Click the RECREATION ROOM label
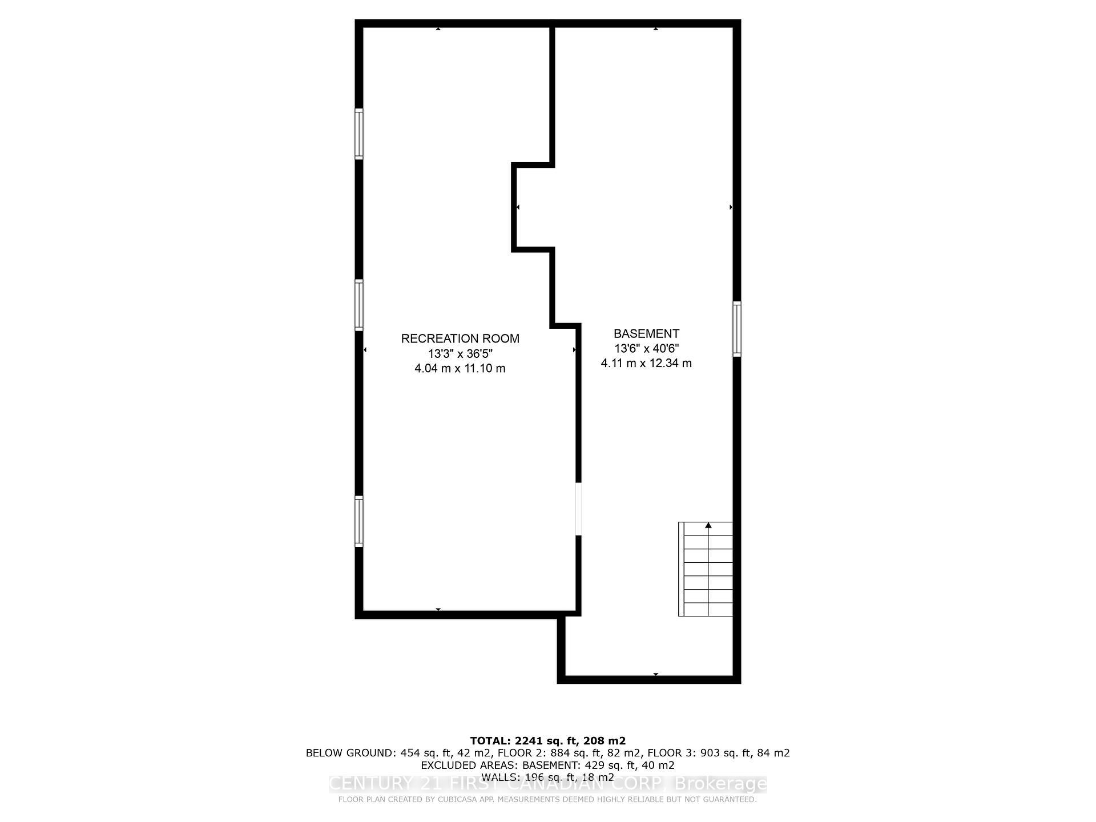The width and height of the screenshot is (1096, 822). tap(460, 339)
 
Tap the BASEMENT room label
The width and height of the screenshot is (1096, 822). tap(646, 333)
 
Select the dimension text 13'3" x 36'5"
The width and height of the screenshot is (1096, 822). tap(460, 353)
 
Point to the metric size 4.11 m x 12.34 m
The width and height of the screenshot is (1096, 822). tap(646, 363)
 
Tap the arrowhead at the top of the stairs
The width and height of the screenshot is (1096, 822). tap(708, 525)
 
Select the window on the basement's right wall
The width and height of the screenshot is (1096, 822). tap(737, 329)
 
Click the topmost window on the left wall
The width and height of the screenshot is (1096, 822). tap(359, 134)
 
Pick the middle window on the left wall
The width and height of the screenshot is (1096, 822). tap(359, 305)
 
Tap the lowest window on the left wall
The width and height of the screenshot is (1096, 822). tap(359, 522)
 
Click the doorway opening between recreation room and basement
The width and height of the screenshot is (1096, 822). tap(578, 509)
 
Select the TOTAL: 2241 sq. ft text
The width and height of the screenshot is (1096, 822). tap(547, 741)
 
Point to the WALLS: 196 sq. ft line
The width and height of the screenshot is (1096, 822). tap(547, 777)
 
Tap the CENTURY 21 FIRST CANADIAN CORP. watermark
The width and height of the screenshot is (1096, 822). tap(547, 784)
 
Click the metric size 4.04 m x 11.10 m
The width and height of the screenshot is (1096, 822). tap(460, 368)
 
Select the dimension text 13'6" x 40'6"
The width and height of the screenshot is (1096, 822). tap(646, 348)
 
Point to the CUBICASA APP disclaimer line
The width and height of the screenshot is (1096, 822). tap(547, 800)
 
